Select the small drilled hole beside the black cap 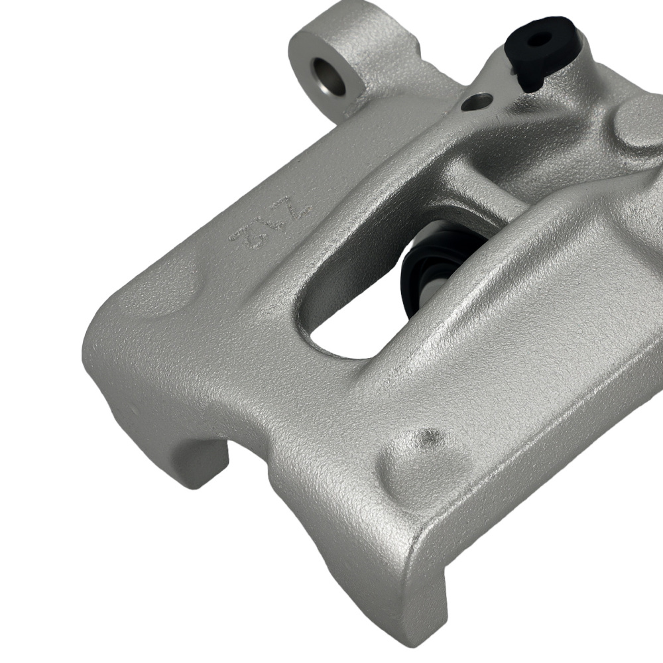coord(478,101)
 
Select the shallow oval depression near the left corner coord(166,292)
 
